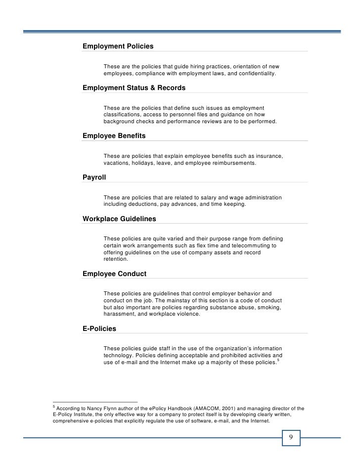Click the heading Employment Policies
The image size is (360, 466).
118,46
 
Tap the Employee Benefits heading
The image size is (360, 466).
114,135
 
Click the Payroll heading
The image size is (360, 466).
94,177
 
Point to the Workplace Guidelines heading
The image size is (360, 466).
119,218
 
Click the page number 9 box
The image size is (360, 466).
291,437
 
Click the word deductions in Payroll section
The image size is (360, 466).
147,205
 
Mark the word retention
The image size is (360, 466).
115,259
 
